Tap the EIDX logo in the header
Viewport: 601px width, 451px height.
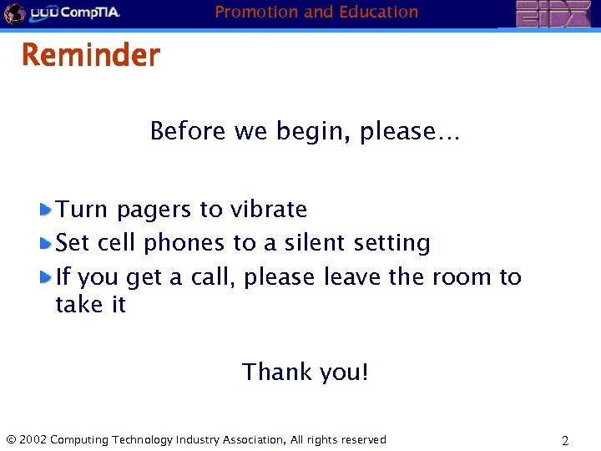click(553, 14)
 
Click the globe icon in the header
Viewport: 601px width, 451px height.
click(14, 13)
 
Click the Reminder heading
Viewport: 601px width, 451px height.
click(90, 56)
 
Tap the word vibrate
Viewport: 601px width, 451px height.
click(270, 209)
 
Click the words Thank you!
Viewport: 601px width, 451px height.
click(305, 372)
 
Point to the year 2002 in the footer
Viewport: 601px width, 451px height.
click(32, 439)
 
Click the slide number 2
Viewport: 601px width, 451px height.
click(565, 440)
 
